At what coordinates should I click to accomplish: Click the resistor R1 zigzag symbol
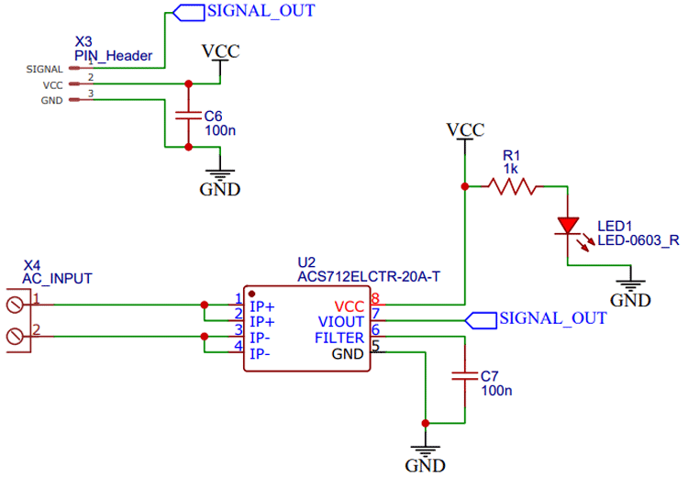[x=512, y=187]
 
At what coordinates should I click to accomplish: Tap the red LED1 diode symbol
[x=569, y=224]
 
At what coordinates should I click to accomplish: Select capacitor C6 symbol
[x=188, y=116]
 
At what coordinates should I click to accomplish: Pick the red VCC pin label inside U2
[x=349, y=306]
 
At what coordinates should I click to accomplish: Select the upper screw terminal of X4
[x=15, y=304]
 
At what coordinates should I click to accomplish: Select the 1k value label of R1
[x=511, y=170]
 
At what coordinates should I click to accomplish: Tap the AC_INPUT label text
[x=57, y=278]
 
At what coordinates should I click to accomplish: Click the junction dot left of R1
[x=465, y=187]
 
